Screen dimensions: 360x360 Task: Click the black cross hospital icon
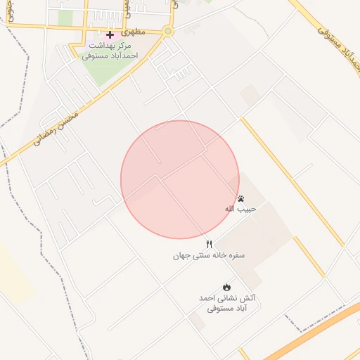pyautogui.click(x=110, y=34)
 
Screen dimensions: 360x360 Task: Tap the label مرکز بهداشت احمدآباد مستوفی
pyautogui.click(x=109, y=50)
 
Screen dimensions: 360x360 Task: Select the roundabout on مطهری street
pyautogui.click(x=167, y=31)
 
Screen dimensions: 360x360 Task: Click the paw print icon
pyautogui.click(x=241, y=198)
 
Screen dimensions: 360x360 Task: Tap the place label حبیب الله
pyautogui.click(x=241, y=209)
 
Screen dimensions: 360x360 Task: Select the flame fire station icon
pyautogui.click(x=226, y=287)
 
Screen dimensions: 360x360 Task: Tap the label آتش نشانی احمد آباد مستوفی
pyautogui.click(x=226, y=303)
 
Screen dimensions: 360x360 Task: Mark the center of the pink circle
pyautogui.click(x=180, y=179)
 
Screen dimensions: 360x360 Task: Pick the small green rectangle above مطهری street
pyautogui.click(x=65, y=18)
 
